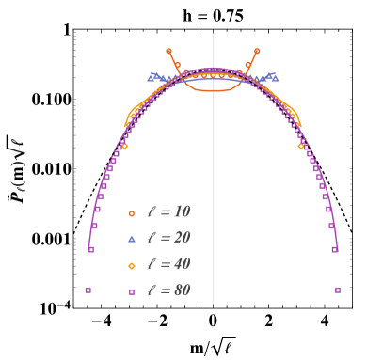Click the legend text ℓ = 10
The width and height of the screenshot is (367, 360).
coord(169,212)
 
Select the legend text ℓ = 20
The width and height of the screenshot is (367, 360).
coord(169,238)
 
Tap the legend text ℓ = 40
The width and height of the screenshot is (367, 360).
coord(169,264)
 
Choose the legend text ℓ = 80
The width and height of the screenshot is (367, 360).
coord(169,290)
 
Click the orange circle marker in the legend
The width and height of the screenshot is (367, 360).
coord(132,213)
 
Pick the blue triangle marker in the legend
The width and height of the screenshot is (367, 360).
coord(132,239)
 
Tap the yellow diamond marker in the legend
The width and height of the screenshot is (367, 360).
coord(132,265)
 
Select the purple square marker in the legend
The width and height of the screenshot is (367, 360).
coord(132,291)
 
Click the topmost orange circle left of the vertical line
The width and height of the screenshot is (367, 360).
coord(168,51)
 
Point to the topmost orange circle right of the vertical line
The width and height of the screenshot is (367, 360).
coord(257,51)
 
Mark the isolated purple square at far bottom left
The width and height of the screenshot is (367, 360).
coord(88,290)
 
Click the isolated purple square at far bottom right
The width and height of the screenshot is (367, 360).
coord(338,290)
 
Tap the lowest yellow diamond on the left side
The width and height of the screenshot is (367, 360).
coord(125,146)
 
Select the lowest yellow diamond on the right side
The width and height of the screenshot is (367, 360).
coord(301,146)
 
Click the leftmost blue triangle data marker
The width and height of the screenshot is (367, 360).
coord(151,75)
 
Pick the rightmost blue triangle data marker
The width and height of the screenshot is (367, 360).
coord(275,75)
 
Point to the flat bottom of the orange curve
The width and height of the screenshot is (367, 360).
coord(213,89)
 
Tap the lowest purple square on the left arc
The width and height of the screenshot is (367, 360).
coord(90,249)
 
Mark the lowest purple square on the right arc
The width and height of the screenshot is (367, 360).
coord(335,249)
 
